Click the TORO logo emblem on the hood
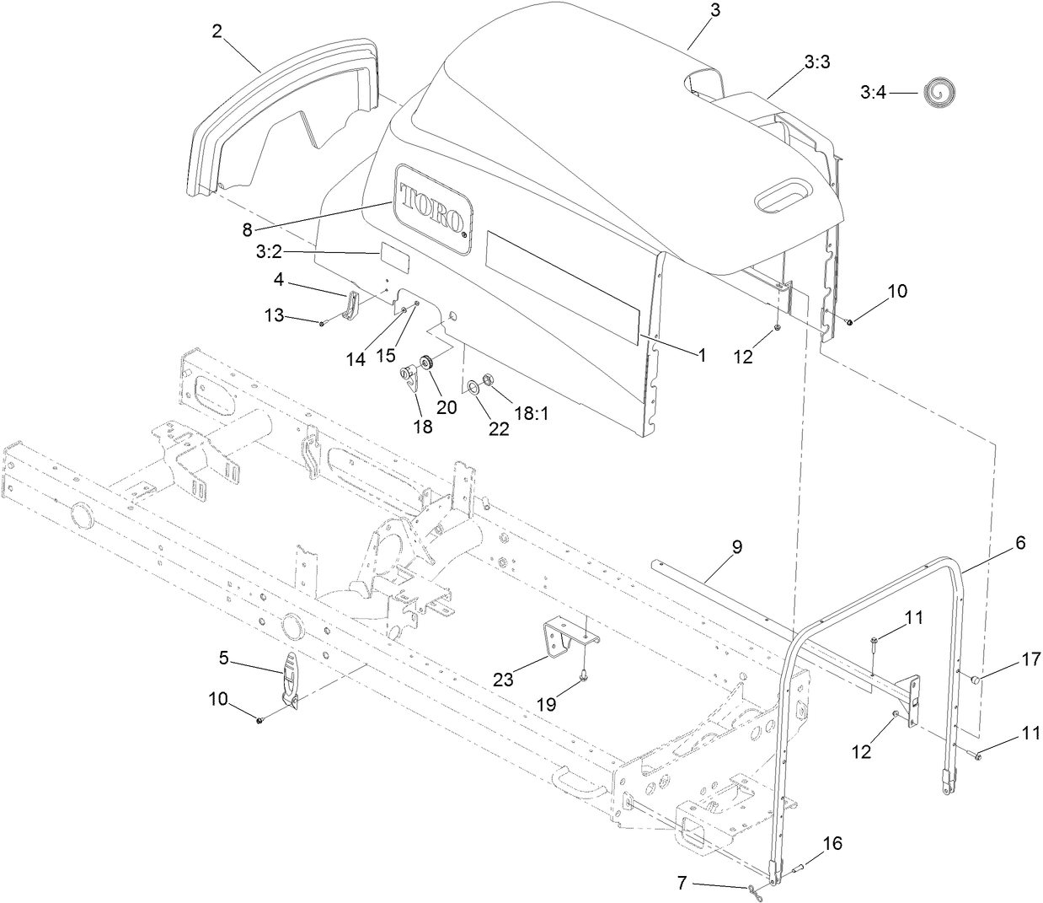click(434, 207)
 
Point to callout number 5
click(224, 658)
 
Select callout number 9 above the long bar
click(736, 546)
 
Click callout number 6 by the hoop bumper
click(1019, 544)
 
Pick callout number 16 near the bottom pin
click(832, 843)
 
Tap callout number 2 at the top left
click(217, 31)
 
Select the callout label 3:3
click(816, 62)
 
